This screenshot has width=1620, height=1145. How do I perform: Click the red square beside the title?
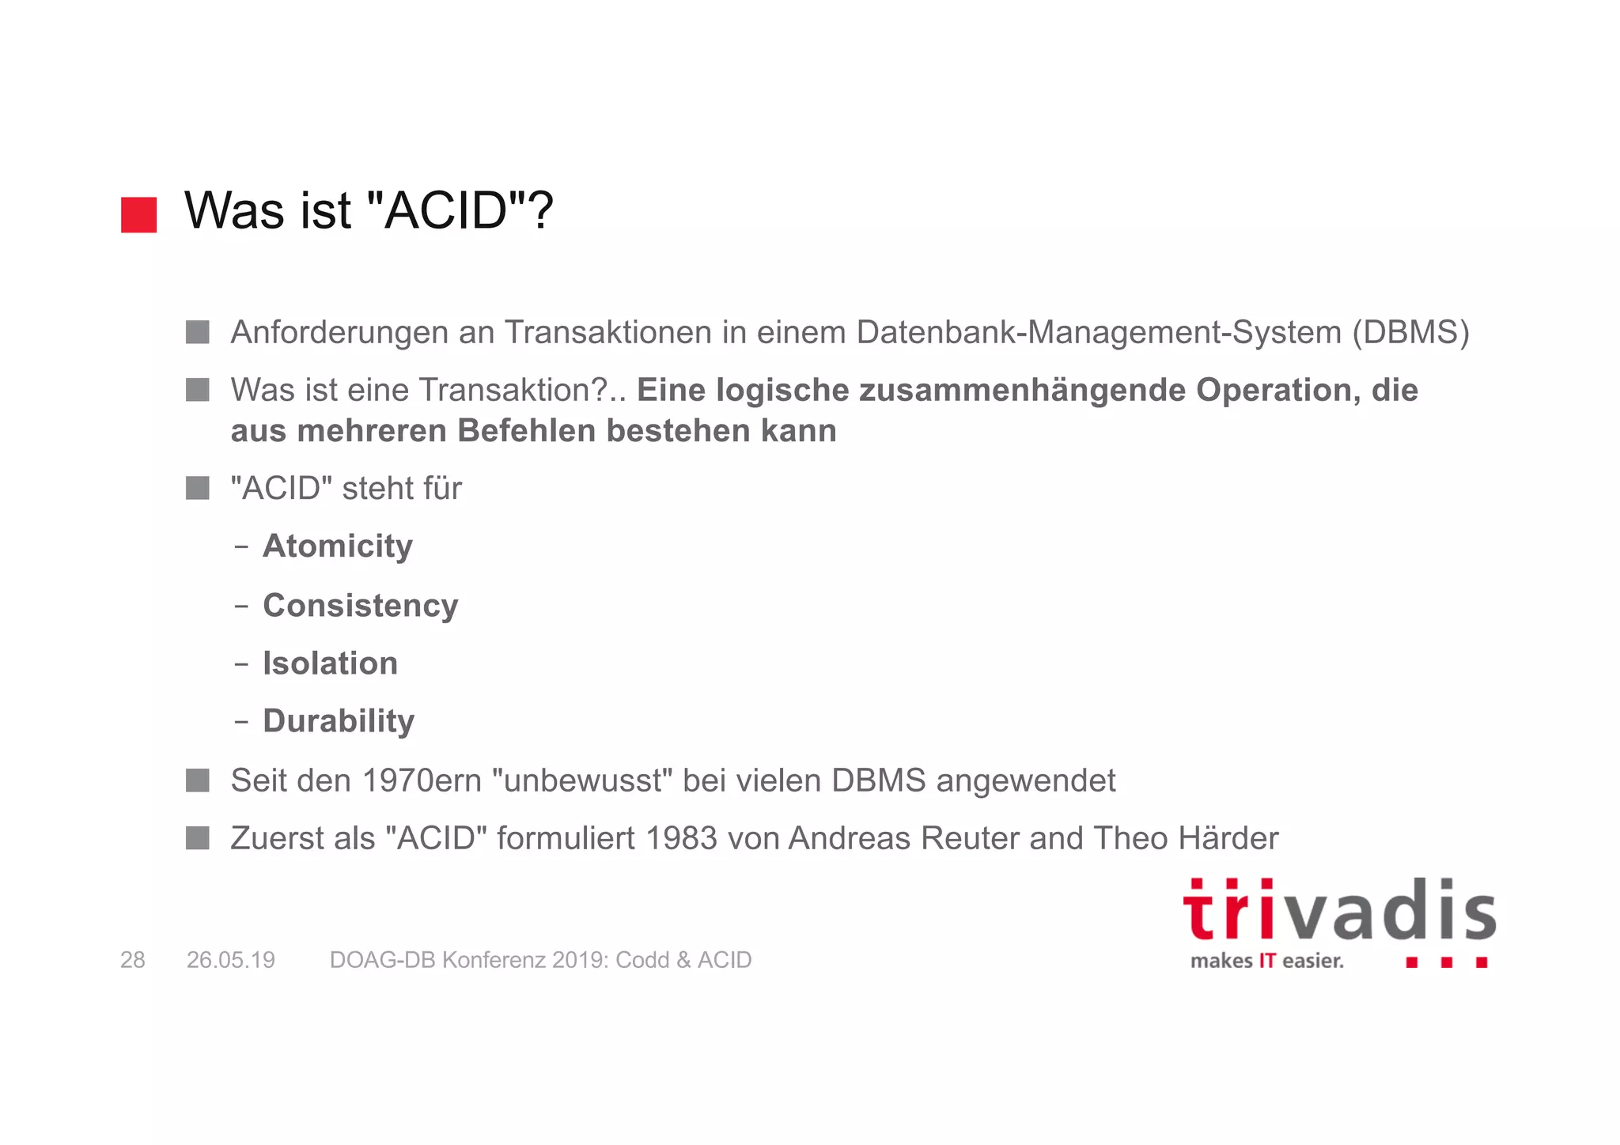tap(138, 215)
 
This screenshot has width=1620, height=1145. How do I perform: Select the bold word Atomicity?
tap(338, 546)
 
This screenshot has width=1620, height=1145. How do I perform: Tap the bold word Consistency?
tap(361, 606)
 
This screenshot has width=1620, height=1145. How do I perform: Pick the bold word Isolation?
tap(330, 663)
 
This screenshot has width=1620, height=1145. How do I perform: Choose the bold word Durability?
tap(339, 721)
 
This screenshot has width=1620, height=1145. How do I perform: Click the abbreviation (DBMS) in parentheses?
tap(1410, 332)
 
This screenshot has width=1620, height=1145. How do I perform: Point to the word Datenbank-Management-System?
tap(1099, 332)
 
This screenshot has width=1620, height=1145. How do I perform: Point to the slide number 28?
tap(133, 960)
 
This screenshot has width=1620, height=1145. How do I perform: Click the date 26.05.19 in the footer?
tap(231, 960)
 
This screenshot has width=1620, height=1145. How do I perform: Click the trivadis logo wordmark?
tap(1338, 911)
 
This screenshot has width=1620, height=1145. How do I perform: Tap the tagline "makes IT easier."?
tap(1266, 962)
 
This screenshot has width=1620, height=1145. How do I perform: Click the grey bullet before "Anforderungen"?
tap(198, 332)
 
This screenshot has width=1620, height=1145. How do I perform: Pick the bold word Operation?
tap(1272, 391)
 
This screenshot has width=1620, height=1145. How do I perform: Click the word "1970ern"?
tap(422, 780)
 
